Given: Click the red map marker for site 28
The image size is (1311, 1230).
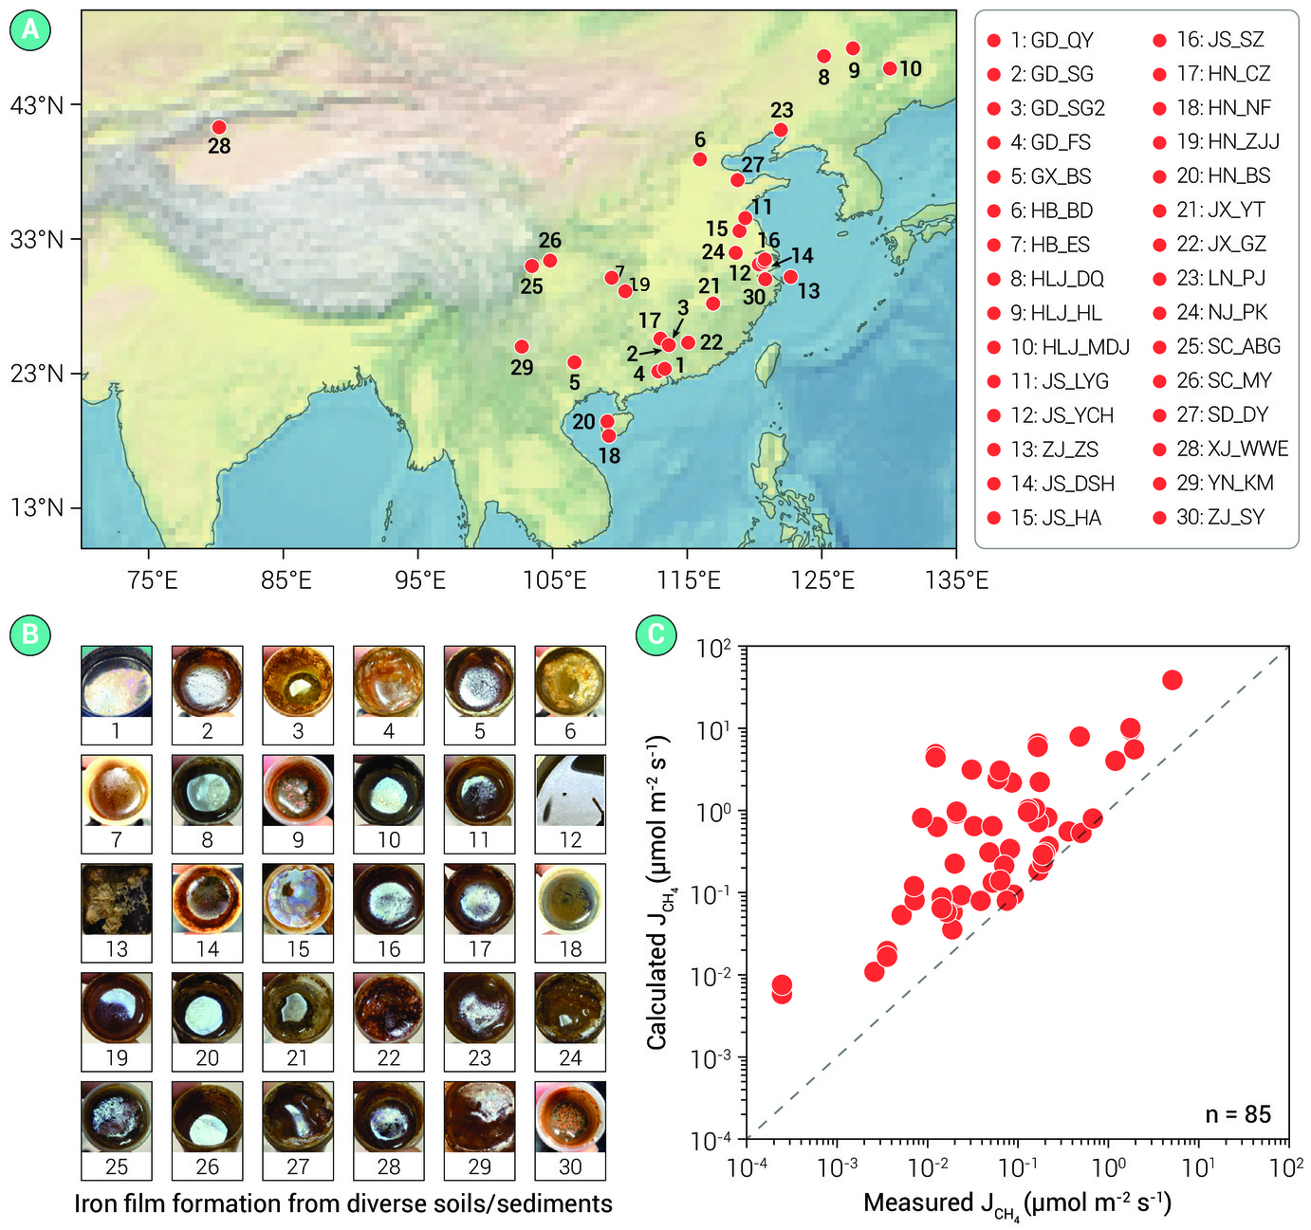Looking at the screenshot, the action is [219, 127].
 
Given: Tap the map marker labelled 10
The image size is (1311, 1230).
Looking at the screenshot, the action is [889, 68].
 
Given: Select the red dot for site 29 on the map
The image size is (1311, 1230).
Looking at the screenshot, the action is [522, 346].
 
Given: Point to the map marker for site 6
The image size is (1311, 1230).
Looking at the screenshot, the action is [700, 159].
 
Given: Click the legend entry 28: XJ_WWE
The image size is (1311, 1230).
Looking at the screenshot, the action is [1221, 449].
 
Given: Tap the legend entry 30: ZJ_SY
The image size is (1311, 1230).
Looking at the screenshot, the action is [1209, 517].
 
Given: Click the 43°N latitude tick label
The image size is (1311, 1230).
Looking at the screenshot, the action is [37, 105].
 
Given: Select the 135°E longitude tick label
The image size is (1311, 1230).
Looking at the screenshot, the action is [956, 580].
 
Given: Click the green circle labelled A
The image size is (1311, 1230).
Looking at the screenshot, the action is [30, 29].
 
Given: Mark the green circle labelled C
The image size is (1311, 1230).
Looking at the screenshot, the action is [655, 635].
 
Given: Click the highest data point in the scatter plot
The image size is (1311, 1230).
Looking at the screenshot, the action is [1172, 680].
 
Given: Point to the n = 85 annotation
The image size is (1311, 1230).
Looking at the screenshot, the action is [1238, 1114].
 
